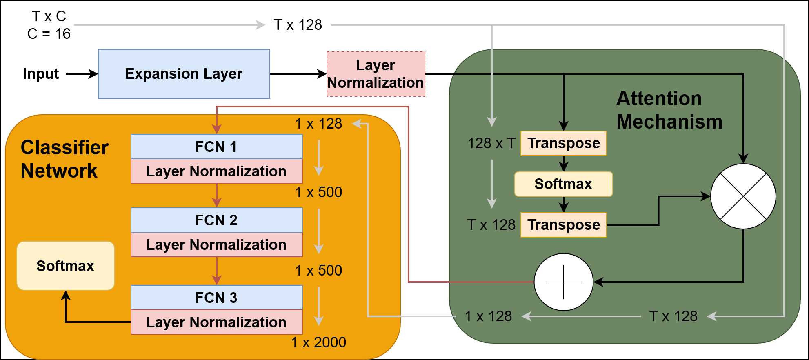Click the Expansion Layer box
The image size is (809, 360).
pyautogui.click(x=184, y=74)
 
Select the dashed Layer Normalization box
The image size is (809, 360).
pyautogui.click(x=376, y=74)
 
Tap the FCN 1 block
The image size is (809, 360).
pyautogui.click(x=216, y=147)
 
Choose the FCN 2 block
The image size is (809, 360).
pyautogui.click(x=216, y=220)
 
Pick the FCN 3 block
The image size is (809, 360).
pyautogui.click(x=216, y=298)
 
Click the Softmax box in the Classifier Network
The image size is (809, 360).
pyautogui.click(x=65, y=266)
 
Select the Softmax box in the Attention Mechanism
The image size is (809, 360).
pyautogui.click(x=563, y=184)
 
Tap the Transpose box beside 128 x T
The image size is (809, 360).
pyautogui.click(x=563, y=143)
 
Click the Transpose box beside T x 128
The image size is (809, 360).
pyautogui.click(x=563, y=225)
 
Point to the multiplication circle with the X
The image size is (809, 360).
pyautogui.click(x=743, y=196)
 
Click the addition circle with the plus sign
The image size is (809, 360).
pyautogui.click(x=563, y=282)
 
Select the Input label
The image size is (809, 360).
pyautogui.click(x=41, y=74)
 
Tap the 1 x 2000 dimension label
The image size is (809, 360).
pyautogui.click(x=318, y=342)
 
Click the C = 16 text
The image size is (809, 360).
pyautogui.click(x=49, y=34)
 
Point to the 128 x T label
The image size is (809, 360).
pyautogui.click(x=491, y=143)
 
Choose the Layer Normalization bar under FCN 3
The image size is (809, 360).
pyautogui.click(x=216, y=322)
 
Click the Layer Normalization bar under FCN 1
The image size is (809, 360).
pyautogui.click(x=216, y=171)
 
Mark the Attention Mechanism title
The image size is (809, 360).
pyautogui.click(x=669, y=110)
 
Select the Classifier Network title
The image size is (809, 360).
pyautogui.click(x=64, y=159)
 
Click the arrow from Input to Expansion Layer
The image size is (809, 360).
pyautogui.click(x=82, y=74)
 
